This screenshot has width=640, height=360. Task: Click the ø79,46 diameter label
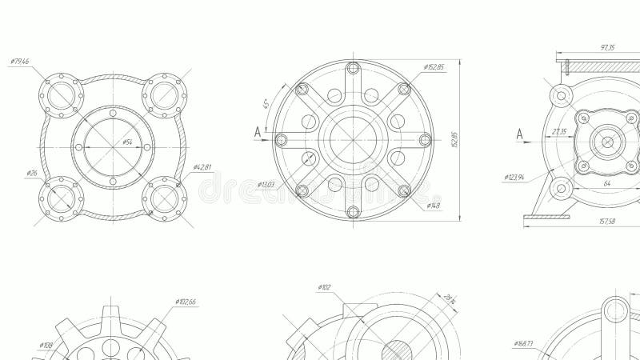[20, 62]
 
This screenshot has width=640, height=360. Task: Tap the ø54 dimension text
[127, 142]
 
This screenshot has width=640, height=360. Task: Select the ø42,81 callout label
[202, 167]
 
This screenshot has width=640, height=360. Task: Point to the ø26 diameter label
[32, 173]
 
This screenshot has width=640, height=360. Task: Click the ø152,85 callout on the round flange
[434, 67]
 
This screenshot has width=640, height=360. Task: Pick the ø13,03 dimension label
[266, 185]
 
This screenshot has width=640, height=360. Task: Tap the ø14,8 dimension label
[433, 206]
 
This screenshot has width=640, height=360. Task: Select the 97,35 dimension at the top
[607, 48]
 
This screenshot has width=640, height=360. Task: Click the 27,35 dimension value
[559, 131]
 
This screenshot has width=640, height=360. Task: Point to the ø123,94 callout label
[514, 178]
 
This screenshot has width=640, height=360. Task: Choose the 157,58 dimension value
[607, 222]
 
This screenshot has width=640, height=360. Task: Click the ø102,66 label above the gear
[186, 302]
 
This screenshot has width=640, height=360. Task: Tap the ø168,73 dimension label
[524, 343]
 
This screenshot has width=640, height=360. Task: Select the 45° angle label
[265, 104]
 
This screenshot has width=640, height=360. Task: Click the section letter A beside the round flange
[258, 131]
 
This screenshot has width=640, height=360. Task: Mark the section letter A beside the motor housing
[519, 134]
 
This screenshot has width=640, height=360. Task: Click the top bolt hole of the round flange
[353, 67]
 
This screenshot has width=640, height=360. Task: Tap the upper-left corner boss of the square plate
[62, 95]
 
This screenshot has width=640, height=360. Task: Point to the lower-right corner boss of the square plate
[165, 197]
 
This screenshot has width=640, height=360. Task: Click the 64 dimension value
[606, 183]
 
